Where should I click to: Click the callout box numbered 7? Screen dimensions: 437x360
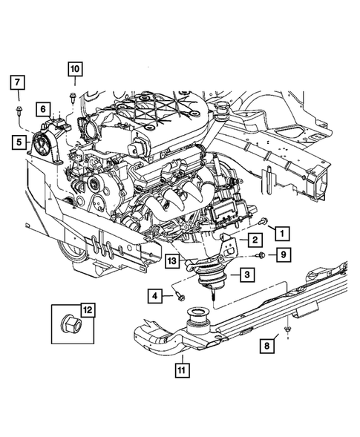pyautogui.click(x=19, y=82)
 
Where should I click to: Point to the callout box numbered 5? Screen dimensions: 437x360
pyautogui.click(x=16, y=139)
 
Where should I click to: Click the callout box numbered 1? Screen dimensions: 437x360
pyautogui.click(x=282, y=232)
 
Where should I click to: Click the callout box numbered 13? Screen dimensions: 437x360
pyautogui.click(x=171, y=260)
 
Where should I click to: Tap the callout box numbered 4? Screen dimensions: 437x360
pyautogui.click(x=156, y=297)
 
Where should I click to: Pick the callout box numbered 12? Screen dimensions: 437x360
pyautogui.click(x=88, y=309)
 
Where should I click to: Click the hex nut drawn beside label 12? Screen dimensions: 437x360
pyautogui.click(x=70, y=325)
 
